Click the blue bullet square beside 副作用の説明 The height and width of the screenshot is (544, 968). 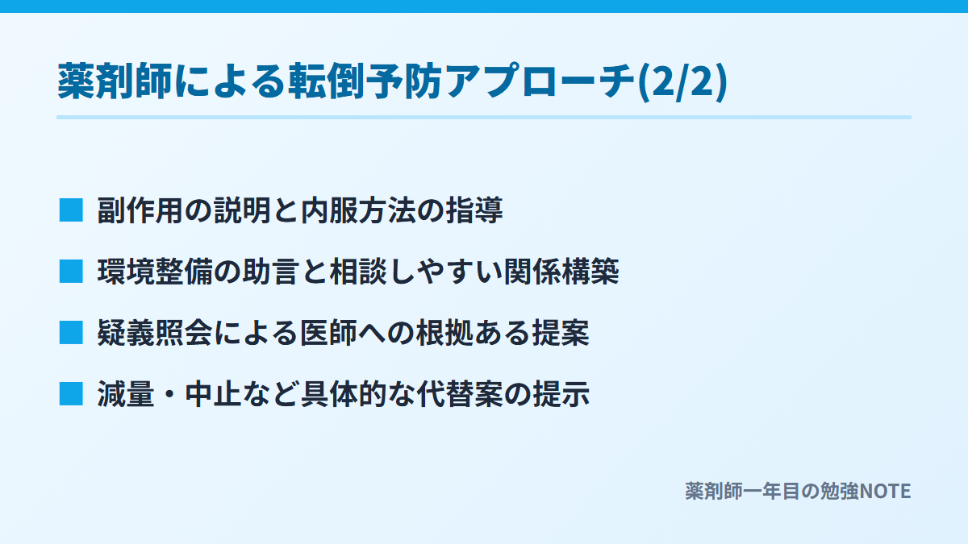point(71,210)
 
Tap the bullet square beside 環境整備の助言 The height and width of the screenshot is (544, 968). point(71,272)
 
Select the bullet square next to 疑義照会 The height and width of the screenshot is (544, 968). point(71,333)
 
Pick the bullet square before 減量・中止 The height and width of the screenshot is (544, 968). point(71,394)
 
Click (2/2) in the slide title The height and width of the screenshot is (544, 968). point(682,82)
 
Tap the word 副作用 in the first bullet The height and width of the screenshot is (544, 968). point(140,210)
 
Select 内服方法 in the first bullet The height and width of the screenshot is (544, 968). point(358,210)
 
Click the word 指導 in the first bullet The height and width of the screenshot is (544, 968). point(474,210)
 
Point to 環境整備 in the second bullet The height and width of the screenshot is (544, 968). point(155,272)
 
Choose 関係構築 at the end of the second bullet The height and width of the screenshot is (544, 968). point(561,272)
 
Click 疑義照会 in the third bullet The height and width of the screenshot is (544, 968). point(155,333)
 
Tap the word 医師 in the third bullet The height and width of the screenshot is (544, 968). point(329,333)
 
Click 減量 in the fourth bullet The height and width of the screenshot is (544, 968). point(126,394)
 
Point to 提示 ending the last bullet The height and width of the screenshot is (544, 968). point(561,394)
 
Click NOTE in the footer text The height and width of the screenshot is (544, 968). point(885,492)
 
